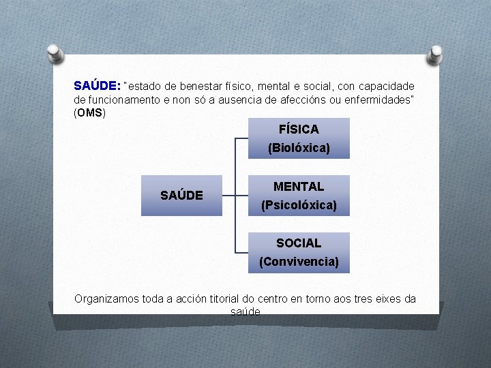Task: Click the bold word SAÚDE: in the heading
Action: click(97, 87)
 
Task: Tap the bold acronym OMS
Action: click(89, 112)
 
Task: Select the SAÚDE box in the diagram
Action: click(181, 196)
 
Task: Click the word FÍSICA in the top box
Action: click(299, 129)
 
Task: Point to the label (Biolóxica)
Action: click(299, 147)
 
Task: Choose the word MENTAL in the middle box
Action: click(299, 186)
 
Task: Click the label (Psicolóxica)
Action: click(299, 204)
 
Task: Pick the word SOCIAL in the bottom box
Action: click(299, 243)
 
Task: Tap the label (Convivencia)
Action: click(299, 261)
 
